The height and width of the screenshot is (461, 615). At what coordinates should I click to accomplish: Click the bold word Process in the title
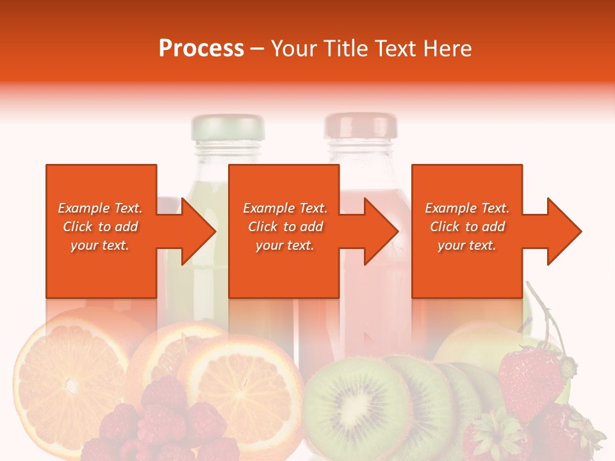pyautogui.click(x=201, y=49)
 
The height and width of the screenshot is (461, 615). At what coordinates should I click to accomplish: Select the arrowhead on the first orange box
pyautogui.click(x=195, y=231)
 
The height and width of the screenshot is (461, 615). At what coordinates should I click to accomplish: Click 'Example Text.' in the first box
pyautogui.click(x=100, y=208)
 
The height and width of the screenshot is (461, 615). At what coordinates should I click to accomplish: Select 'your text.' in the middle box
pyautogui.click(x=284, y=245)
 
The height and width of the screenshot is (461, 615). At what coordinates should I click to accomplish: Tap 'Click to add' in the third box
pyautogui.click(x=467, y=227)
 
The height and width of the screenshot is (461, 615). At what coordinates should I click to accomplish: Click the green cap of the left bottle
pyautogui.click(x=228, y=127)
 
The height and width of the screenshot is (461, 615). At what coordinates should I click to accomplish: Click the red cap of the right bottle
pyautogui.click(x=361, y=125)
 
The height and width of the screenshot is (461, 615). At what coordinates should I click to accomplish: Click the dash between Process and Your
pyautogui.click(x=257, y=49)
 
